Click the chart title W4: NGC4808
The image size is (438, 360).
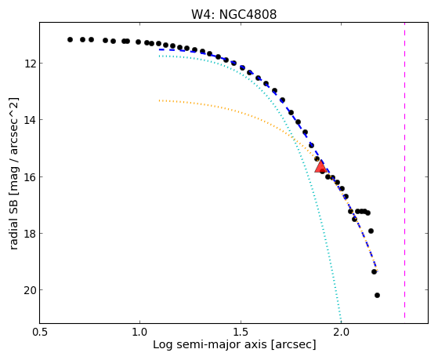[233, 14]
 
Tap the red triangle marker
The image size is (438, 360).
[320, 166]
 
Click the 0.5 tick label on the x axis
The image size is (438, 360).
[40, 332]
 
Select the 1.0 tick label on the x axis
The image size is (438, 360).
[139, 332]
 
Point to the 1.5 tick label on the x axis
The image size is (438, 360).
[241, 332]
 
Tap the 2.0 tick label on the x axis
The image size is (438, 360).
[341, 332]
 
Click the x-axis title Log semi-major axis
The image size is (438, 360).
[209, 344]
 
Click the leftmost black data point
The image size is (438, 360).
[70, 40]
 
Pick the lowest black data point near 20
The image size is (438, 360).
[377, 295]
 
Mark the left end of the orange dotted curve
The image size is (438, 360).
[159, 100]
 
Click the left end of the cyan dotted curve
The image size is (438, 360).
[159, 56]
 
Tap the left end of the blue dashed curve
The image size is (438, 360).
[159, 49]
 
